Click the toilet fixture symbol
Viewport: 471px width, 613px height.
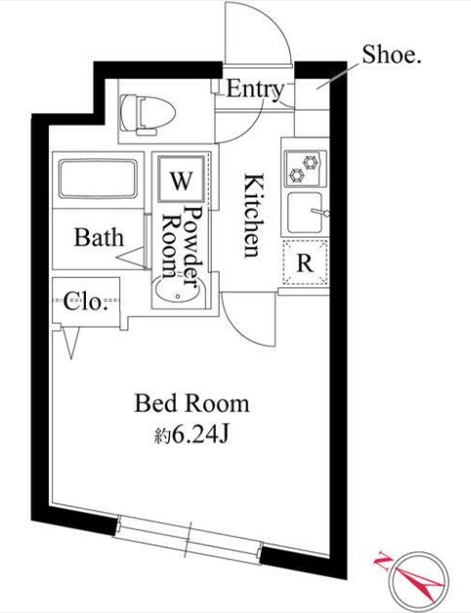[x=148, y=114]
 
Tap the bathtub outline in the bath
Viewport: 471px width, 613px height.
[x=98, y=179]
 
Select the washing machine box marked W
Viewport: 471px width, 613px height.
[x=181, y=179]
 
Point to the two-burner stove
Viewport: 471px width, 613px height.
[x=305, y=168]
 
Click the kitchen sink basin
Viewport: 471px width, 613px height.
[x=306, y=213]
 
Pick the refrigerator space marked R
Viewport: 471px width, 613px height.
[x=305, y=262]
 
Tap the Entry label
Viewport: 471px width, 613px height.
[x=255, y=90]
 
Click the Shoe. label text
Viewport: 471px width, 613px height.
[x=391, y=55]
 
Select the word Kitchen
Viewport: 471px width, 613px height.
[x=252, y=216]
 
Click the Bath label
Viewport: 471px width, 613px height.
[x=99, y=237]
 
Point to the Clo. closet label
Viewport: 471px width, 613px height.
[x=86, y=301]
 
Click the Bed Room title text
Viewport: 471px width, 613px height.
[x=192, y=404]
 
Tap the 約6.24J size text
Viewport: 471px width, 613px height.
[x=191, y=434]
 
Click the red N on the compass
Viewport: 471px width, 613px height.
[x=382, y=561]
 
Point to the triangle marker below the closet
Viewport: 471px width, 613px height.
[x=71, y=341]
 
